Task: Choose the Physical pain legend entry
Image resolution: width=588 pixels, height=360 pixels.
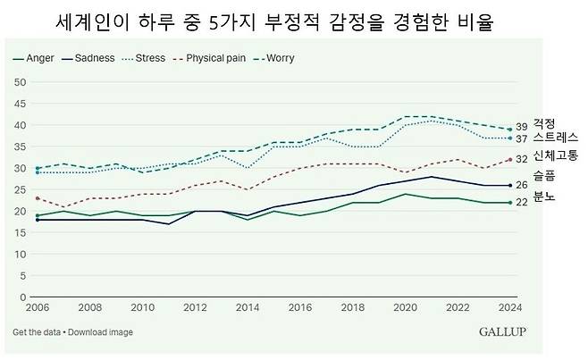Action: point(219,58)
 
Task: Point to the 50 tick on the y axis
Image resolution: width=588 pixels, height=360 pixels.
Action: point(22,82)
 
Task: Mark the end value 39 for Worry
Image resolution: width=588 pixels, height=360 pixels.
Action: point(522,127)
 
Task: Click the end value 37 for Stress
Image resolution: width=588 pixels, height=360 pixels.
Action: point(522,138)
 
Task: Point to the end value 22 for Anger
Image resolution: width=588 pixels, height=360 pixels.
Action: point(522,203)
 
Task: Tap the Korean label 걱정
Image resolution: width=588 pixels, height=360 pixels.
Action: point(544,124)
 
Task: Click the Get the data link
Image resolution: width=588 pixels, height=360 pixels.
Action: point(37,332)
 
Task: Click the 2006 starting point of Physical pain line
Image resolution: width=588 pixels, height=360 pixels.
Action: point(36,198)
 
